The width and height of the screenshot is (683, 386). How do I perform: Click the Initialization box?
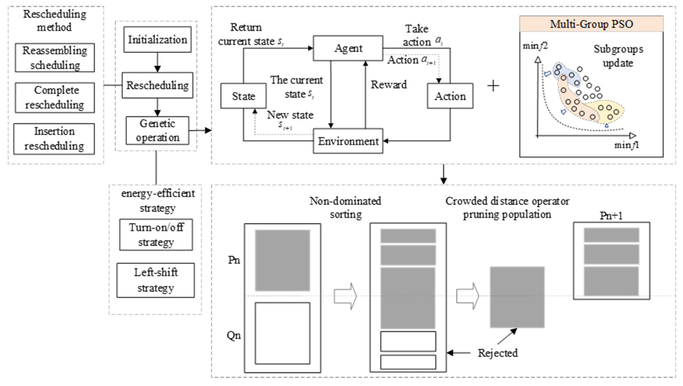coord(157,40)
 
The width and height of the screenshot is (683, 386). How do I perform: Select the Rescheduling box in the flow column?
coord(157,85)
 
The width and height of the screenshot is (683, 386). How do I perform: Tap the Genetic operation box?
coord(157,130)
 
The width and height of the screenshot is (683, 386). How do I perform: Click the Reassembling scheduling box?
coord(55,58)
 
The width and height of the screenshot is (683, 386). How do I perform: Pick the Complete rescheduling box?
coord(55,98)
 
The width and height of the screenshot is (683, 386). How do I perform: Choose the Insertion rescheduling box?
coord(54,139)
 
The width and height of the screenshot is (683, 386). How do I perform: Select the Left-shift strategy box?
coord(156,280)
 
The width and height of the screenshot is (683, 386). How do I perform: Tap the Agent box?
coord(348,48)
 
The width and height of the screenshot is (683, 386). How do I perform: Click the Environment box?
coord(348,141)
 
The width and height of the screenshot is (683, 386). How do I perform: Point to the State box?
coord(243,96)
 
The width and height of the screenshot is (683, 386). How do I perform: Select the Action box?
coord(450,96)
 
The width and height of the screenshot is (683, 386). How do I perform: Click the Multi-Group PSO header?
coord(591,24)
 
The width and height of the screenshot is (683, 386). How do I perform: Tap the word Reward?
coord(388,85)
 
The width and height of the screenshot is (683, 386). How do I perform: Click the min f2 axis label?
coord(535,46)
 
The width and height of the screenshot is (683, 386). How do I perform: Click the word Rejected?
coord(498,353)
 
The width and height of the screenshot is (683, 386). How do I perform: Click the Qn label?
coord(234,336)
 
